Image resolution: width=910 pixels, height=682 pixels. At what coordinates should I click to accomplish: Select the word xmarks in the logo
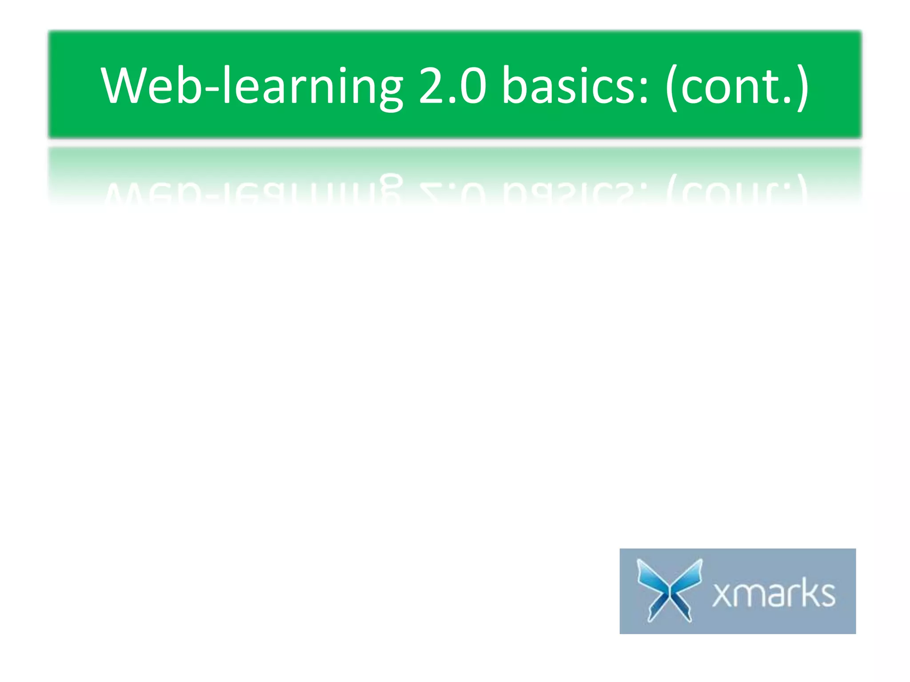tap(774, 593)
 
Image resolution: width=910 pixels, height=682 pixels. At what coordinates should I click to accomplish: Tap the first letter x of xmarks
tap(722, 595)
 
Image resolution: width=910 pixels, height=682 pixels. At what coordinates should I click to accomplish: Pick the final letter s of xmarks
tap(827, 595)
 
